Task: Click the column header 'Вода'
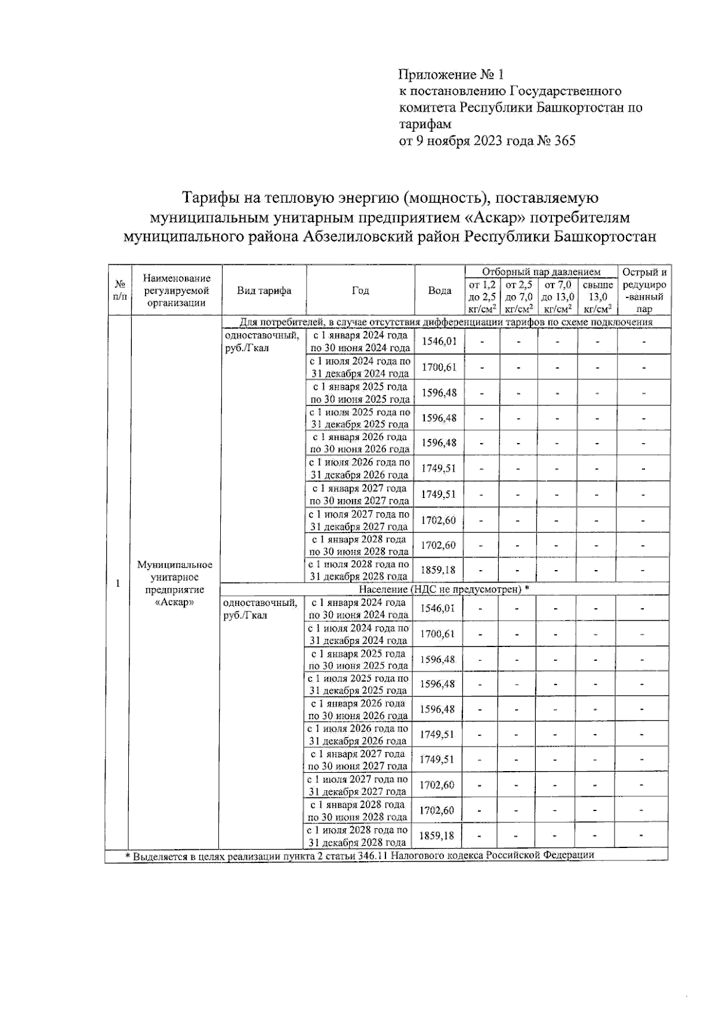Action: coord(439,290)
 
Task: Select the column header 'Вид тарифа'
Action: coord(264,290)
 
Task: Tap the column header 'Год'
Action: coord(360,290)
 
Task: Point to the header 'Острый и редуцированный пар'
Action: coord(644,290)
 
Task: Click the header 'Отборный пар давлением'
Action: coord(541,272)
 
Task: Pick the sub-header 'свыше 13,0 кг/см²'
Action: coord(597,297)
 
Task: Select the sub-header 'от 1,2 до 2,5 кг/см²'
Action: coord(483,297)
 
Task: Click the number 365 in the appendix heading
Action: coord(564,141)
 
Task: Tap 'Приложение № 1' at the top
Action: coord(451,75)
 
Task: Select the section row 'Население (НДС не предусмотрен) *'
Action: coord(445,589)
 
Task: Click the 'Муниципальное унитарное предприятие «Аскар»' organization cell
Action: coord(175,583)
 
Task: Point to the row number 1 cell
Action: coord(118,583)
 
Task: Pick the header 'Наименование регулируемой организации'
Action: coord(177,290)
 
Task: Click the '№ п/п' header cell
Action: coord(119,290)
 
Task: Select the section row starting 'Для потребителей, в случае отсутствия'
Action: coord(446,322)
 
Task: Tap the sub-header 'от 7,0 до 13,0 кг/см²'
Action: coord(557,297)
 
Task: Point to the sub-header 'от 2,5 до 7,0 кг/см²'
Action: coord(519,297)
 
